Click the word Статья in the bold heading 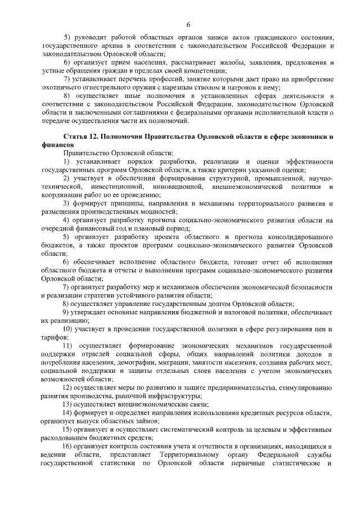(76, 137)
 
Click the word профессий (165, 78)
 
